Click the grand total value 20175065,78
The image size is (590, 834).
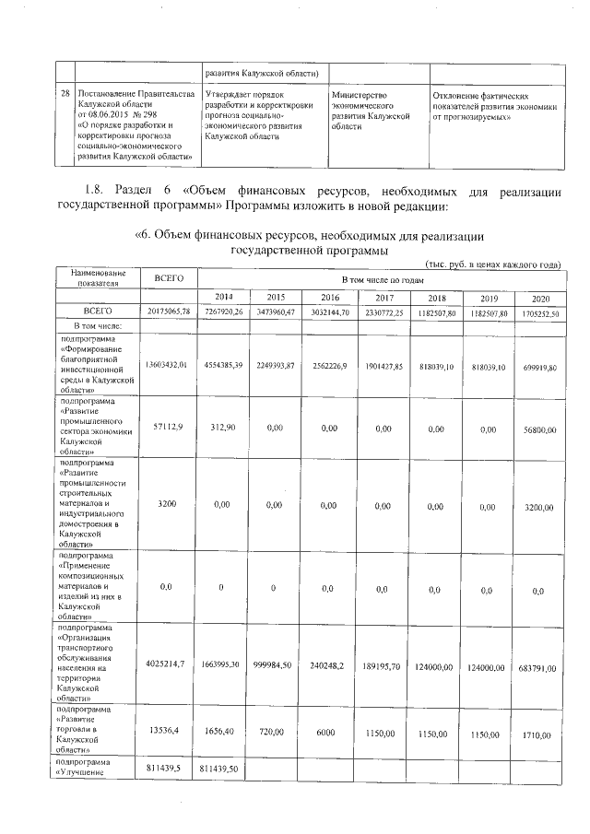[x=169, y=312]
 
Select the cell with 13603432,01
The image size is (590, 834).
[x=168, y=365]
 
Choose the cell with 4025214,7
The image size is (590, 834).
[x=168, y=664]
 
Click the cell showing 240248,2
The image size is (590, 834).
[x=329, y=664]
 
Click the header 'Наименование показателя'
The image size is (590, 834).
[x=96, y=278]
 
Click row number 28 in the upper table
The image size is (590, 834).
[x=65, y=95]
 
